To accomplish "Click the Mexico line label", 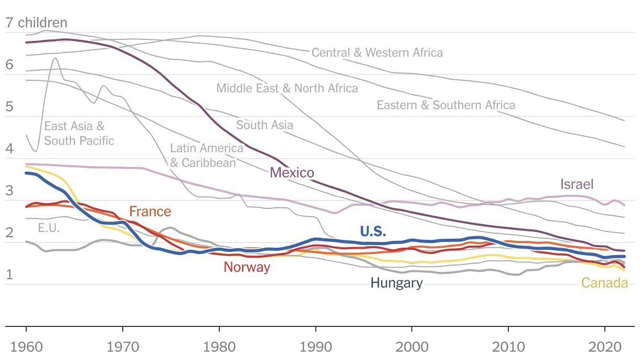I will click(x=292, y=173).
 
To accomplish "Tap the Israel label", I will click(x=577, y=184).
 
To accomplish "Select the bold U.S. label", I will click(x=373, y=231).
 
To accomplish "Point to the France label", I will click(x=150, y=211).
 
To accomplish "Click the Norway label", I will click(x=247, y=267).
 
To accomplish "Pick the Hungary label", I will click(x=396, y=283).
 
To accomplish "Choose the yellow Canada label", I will click(x=604, y=283).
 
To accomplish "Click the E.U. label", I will click(x=49, y=228).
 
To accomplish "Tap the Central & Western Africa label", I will click(x=377, y=52).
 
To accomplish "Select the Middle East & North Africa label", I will click(x=287, y=88).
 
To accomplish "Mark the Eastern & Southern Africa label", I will click(x=446, y=105).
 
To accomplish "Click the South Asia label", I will click(x=264, y=125).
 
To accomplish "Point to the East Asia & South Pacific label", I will click(x=79, y=133).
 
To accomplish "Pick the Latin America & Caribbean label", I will click(x=207, y=155).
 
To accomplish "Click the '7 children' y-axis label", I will click(x=36, y=23).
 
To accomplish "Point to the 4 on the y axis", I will click(x=9, y=149).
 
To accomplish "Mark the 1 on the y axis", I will click(x=9, y=274).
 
